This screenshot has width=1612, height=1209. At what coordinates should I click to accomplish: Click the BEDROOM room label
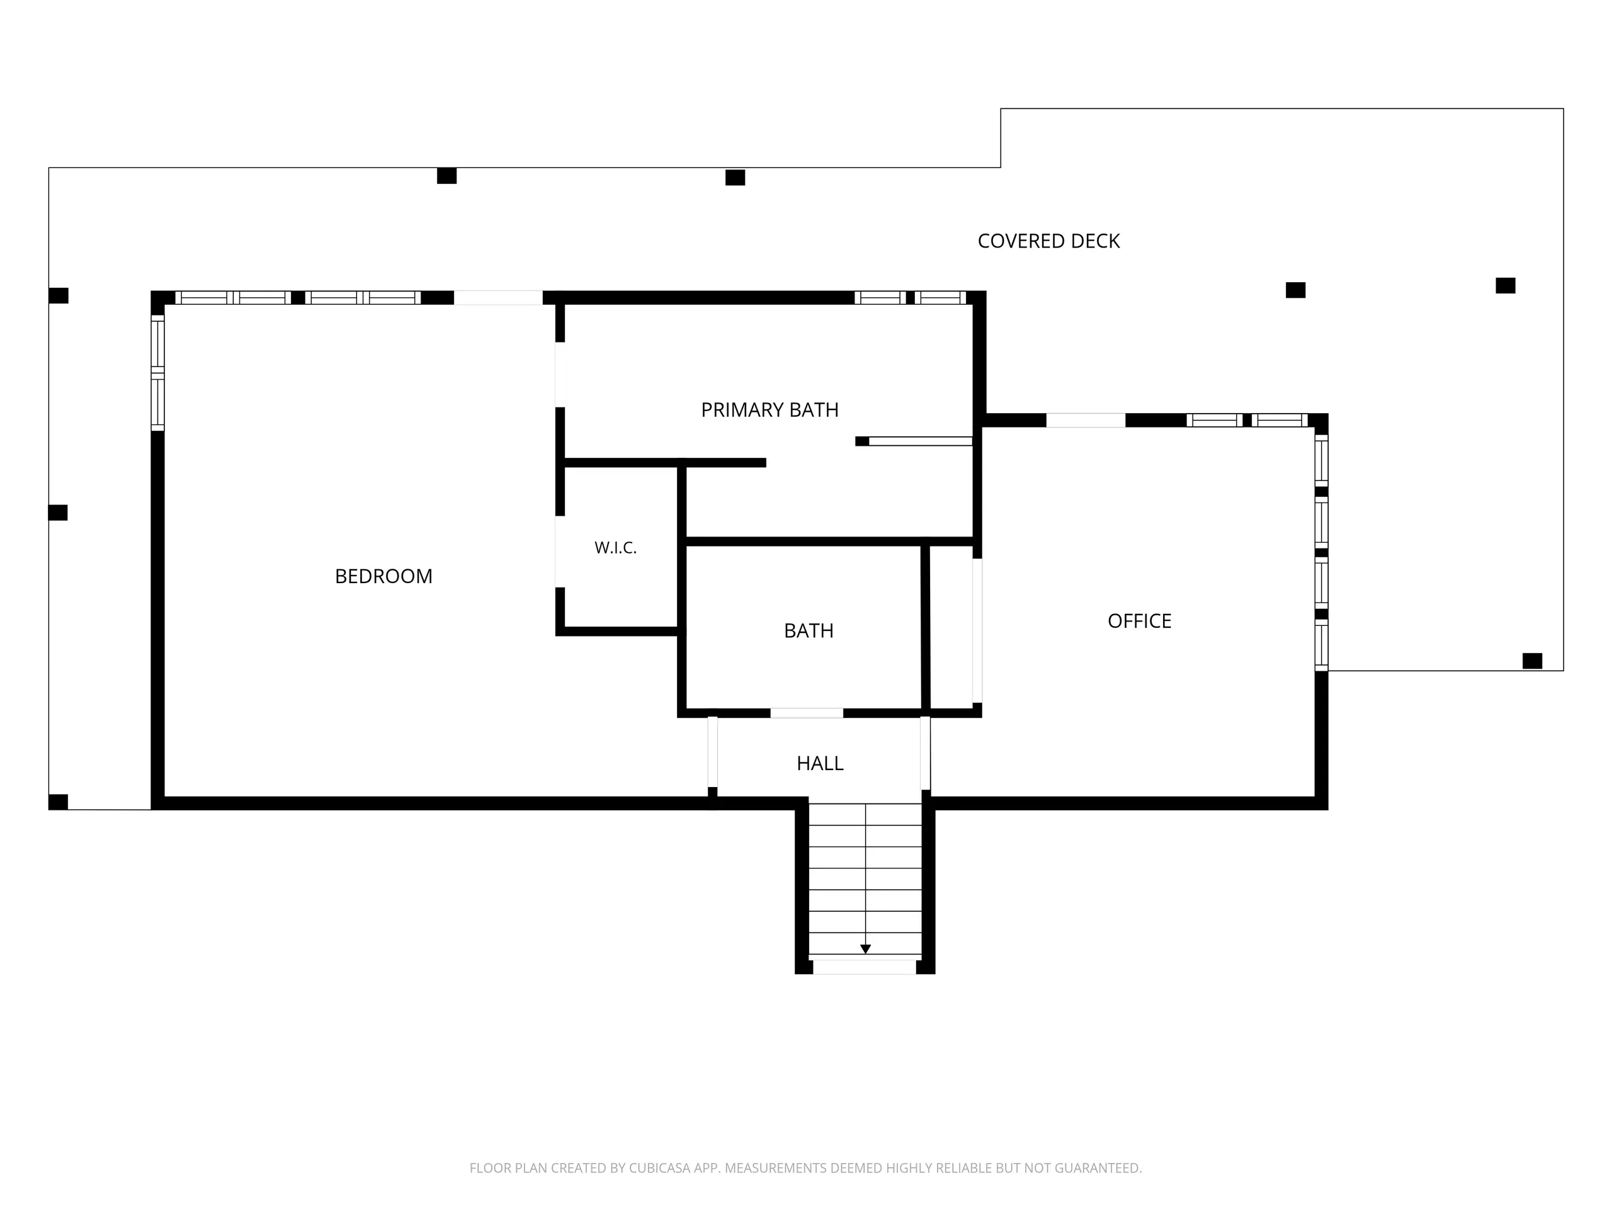383,576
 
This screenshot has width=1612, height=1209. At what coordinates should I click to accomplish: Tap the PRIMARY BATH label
769,411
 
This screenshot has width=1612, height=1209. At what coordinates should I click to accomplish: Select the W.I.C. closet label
616,548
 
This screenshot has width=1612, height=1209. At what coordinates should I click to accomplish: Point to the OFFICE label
1140,621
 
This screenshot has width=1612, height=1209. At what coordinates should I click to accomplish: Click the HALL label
820,763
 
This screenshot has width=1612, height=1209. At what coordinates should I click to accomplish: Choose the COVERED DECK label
1048,241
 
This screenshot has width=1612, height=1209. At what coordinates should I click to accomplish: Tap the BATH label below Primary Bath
809,630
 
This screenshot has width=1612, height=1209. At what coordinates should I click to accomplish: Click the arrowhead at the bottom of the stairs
865,949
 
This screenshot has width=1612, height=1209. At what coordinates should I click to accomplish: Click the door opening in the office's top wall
1086,421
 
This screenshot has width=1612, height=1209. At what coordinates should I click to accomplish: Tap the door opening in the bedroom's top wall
499,297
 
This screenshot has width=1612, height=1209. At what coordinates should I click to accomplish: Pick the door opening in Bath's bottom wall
807,713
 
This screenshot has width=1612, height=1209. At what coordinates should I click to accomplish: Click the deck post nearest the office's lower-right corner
1533,661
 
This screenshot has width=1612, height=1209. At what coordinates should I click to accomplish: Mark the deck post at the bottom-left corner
59,802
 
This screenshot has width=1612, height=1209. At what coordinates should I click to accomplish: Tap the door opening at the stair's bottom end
865,967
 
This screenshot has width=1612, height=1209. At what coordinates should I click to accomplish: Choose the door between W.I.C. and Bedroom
560,552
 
